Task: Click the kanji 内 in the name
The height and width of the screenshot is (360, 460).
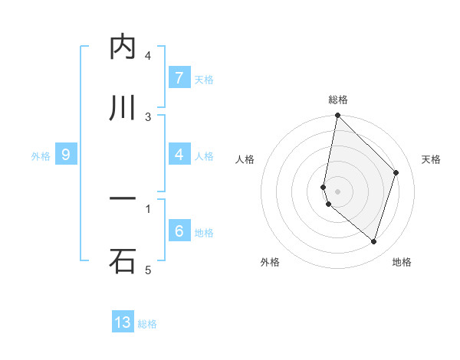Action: pos(123,47)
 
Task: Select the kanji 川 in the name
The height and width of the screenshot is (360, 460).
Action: pos(123,108)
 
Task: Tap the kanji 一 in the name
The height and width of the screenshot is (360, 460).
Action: pos(123,200)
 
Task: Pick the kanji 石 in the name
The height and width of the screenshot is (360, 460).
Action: pos(123,260)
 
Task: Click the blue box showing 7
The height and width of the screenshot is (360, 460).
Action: pos(179,78)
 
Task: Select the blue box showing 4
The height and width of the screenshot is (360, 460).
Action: pos(179,155)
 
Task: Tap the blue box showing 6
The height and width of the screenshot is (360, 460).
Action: pos(179,231)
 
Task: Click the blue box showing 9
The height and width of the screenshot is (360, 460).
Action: pos(66,155)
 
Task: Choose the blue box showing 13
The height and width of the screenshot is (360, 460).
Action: pos(123,322)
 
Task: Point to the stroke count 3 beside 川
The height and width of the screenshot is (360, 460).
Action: pos(148,116)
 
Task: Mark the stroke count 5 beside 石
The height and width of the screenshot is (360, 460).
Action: pos(148,270)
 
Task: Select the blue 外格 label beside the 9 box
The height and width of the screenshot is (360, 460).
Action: pos(41,156)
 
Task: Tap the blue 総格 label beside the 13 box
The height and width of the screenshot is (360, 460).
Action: pos(147,324)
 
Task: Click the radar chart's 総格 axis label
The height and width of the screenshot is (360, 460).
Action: pos(337,100)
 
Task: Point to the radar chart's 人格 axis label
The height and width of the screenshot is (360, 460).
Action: pos(245,159)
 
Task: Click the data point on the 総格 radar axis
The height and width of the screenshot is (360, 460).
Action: pos(337,116)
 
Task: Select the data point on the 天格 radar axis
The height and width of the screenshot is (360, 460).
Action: pos(396,172)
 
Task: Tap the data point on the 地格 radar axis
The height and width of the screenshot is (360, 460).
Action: pos(373,241)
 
